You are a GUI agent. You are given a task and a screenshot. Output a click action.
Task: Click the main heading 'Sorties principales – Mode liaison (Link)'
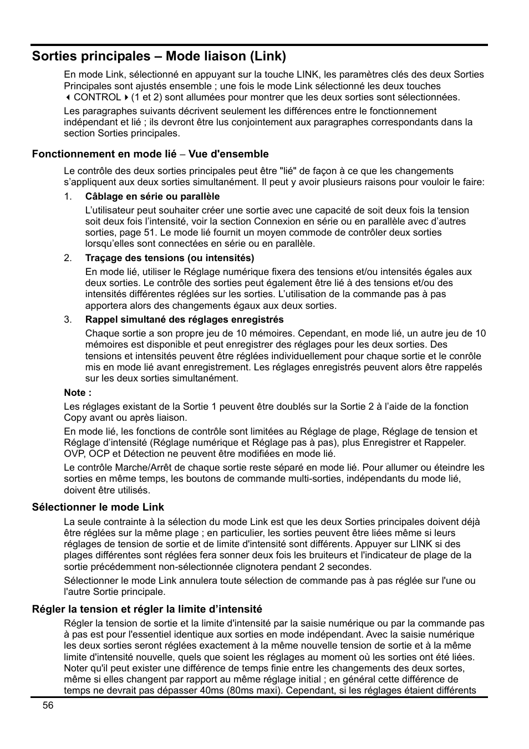pos(159,56)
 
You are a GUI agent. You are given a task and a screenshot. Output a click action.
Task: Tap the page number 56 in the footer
pos(48,705)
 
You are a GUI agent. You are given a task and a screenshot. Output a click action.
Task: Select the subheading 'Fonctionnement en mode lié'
pos(104,154)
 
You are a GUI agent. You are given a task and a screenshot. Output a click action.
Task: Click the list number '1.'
pos(68,196)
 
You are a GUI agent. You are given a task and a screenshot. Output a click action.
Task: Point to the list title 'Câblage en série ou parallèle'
pos(152,196)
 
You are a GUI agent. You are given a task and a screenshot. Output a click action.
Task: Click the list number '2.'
pos(68,258)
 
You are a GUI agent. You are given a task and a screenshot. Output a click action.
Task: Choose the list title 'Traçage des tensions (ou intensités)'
pos(170,258)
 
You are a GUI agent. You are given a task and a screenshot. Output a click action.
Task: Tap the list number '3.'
pos(68,319)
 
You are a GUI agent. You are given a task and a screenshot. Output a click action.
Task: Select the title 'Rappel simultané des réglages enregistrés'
pos(184,319)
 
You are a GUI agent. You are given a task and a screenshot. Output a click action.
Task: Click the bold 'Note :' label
pos(78,393)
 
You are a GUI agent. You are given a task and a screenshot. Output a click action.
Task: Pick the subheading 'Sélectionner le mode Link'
pos(98,507)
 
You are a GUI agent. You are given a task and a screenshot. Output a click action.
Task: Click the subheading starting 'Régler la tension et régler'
pos(147,609)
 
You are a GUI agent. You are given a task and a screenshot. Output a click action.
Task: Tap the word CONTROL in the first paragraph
pos(97,98)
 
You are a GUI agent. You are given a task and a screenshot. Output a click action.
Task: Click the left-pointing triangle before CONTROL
pos(68,98)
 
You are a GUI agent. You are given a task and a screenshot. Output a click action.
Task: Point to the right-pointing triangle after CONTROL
pos(126,98)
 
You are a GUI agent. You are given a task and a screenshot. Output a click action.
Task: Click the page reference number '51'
pos(149,232)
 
